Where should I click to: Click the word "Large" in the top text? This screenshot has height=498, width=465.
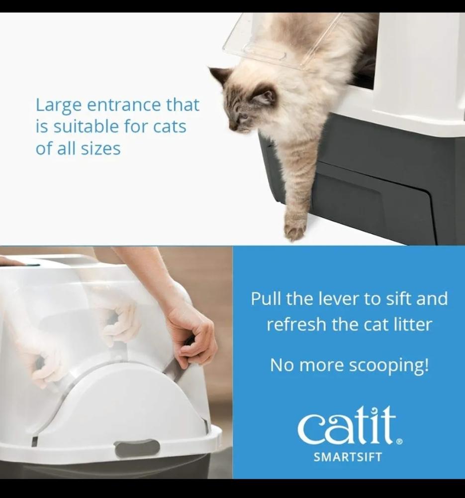pyautogui.click(x=58, y=106)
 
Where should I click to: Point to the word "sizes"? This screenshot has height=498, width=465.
pyautogui.click(x=100, y=148)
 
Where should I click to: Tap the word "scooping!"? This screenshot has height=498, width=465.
pyautogui.click(x=388, y=366)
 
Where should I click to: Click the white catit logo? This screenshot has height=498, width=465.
pyautogui.click(x=347, y=426)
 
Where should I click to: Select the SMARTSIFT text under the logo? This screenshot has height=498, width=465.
pyautogui.click(x=348, y=457)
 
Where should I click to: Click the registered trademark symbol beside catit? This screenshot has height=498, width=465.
pyautogui.click(x=400, y=441)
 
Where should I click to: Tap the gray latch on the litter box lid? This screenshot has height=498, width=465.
pyautogui.click(x=137, y=449)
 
